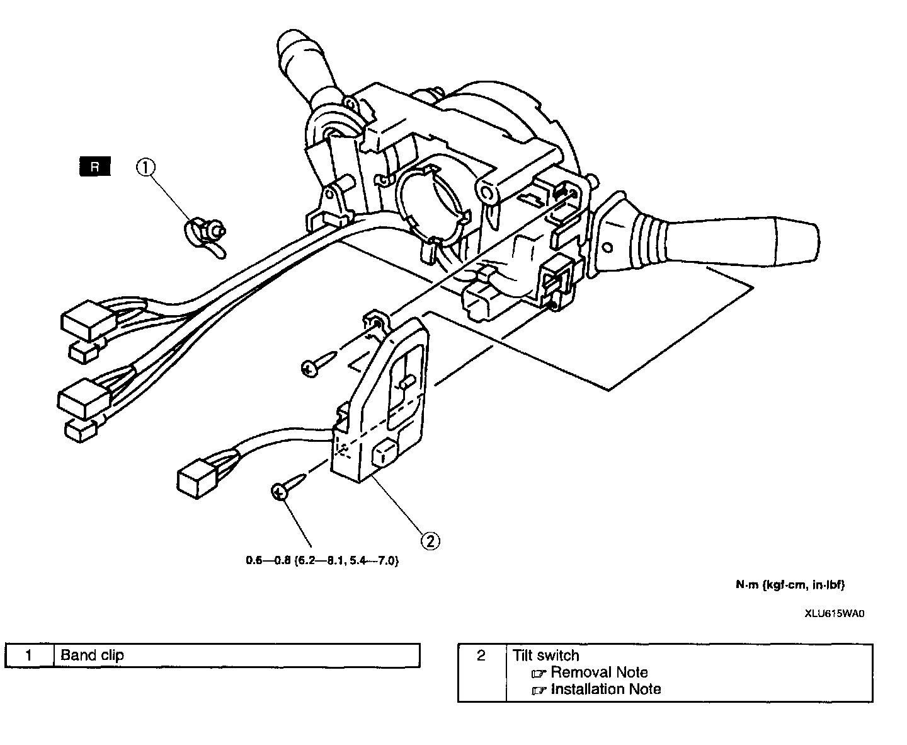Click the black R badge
tap(94, 167)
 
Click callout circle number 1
tap(145, 167)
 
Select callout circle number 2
tap(430, 540)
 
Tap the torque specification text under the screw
tap(322, 561)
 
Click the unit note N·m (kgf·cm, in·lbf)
tap(790, 585)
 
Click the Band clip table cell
tap(237, 655)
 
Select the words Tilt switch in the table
tap(545, 655)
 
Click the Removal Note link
tap(598, 673)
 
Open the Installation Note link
tap(605, 689)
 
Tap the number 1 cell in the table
tap(29, 655)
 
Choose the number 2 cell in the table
tap(482, 655)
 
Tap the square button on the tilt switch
tap(382, 455)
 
